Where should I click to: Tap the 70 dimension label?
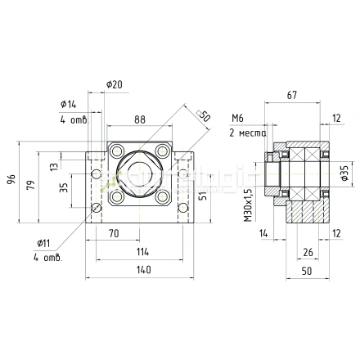[x=114, y=233]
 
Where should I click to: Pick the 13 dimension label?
[x=54, y=166]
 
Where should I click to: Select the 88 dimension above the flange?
[x=140, y=120]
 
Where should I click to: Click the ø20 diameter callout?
[x=114, y=85]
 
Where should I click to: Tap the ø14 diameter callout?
[x=68, y=103]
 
